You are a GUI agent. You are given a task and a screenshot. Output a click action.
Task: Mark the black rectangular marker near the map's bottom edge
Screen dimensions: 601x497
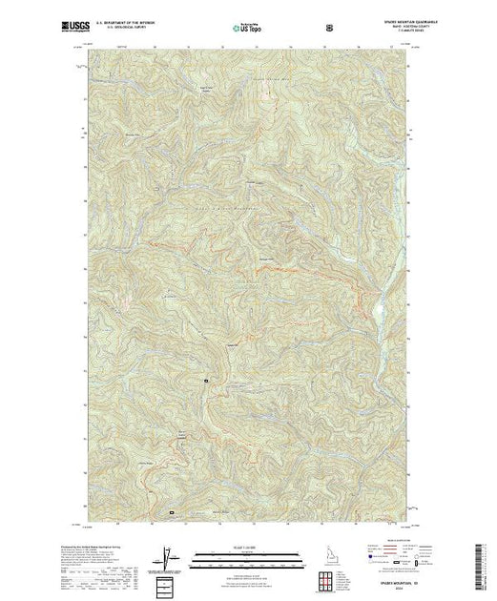pos(172,512)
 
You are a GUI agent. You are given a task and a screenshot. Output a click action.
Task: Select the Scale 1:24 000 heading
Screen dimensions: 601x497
pos(247,547)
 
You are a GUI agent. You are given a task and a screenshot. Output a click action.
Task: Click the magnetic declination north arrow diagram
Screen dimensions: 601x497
pos(168,557)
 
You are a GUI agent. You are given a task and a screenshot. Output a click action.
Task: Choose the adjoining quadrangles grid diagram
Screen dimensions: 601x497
pos(328,579)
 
